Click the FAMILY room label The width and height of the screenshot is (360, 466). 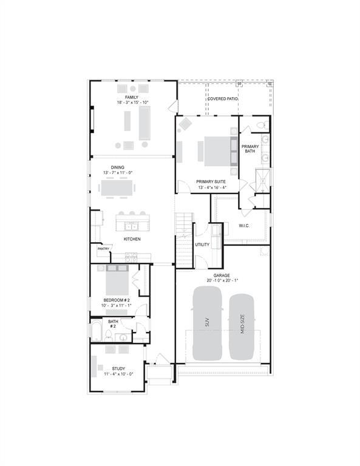coord(132,97)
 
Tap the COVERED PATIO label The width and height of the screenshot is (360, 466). coord(223,98)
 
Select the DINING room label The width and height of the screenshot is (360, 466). coord(118,167)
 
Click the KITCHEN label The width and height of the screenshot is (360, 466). coord(132,239)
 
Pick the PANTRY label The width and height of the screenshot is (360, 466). coord(103,248)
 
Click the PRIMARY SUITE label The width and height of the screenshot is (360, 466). coord(212,181)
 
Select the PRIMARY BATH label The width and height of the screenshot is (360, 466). coord(250,149)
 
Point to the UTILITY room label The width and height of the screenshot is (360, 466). coord(202,245)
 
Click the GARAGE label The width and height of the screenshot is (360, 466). coord(222,275)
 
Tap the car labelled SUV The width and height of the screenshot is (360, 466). coord(206,322)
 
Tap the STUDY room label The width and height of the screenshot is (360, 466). coord(118,368)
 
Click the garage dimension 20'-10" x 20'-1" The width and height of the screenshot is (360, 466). coord(222,280)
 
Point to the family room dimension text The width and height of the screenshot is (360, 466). coord(133,103)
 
